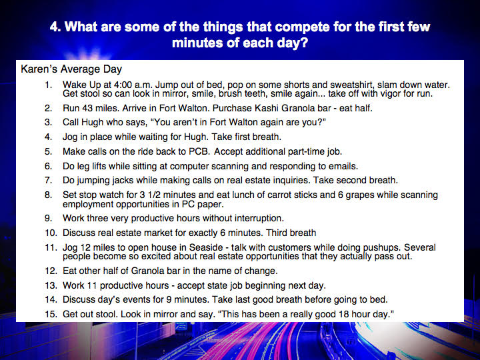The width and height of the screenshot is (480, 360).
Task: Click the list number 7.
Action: [48, 180]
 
